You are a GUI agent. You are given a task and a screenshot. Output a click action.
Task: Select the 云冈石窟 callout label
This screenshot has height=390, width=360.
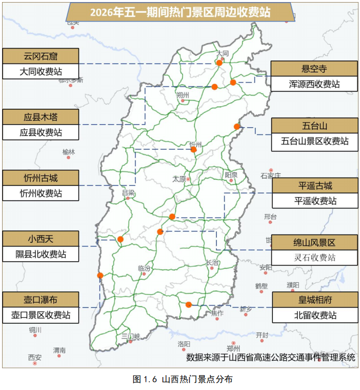click(x=41, y=55)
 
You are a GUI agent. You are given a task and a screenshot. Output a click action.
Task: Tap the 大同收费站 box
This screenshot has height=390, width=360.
click(x=41, y=71)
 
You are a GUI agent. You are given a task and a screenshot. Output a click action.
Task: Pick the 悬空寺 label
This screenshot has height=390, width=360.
click(x=313, y=68)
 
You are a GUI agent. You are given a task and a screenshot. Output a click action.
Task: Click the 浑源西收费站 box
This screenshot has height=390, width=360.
click(x=313, y=84)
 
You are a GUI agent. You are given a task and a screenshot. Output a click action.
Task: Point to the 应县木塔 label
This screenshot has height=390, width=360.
click(x=41, y=116)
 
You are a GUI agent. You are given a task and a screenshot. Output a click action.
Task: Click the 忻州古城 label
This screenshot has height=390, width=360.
click(x=41, y=178)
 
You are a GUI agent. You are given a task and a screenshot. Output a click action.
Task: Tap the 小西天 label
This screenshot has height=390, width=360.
click(x=41, y=239)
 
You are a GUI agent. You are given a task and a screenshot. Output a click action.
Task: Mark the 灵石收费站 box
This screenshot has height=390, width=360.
click(x=314, y=257)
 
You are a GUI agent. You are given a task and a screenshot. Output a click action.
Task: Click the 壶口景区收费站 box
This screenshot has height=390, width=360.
click(x=41, y=315)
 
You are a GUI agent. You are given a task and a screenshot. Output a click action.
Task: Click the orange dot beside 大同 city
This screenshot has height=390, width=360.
click(x=219, y=63)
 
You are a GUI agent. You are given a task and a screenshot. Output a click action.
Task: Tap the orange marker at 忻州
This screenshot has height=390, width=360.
click(x=193, y=150)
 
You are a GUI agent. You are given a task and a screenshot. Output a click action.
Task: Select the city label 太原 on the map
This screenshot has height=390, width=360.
click(x=178, y=179)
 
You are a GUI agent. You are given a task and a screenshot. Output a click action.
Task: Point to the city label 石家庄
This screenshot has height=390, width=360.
click(x=271, y=175)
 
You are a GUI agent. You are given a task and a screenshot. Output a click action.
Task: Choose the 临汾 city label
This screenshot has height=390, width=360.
click(x=145, y=268)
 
